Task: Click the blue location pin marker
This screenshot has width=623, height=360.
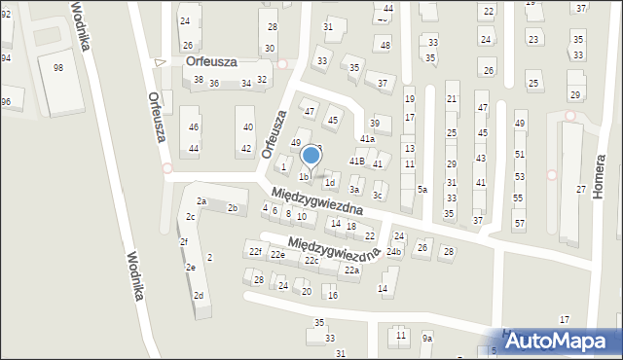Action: click(x=311, y=156)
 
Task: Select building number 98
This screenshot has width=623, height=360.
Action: click(x=58, y=67)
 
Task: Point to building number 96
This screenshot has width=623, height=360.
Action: click(x=5, y=102)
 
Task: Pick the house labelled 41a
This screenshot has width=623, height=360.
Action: click(x=367, y=139)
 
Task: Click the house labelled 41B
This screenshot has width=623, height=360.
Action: click(x=356, y=161)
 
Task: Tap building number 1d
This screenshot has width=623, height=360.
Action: click(x=330, y=182)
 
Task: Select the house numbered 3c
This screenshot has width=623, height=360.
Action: click(x=378, y=196)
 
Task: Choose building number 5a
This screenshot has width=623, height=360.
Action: click(x=422, y=190)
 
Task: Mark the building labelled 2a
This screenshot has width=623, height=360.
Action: click(x=202, y=201)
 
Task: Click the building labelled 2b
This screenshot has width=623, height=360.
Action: click(x=233, y=208)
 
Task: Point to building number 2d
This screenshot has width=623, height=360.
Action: click(x=199, y=295)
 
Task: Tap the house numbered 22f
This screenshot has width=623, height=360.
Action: click(x=255, y=252)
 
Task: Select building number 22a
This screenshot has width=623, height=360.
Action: click(x=351, y=270)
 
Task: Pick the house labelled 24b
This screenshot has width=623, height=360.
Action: click(x=393, y=252)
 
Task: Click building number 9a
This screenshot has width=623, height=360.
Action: click(x=426, y=338)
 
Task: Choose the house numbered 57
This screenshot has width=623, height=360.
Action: click(x=518, y=224)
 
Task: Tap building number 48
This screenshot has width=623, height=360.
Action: click(x=385, y=46)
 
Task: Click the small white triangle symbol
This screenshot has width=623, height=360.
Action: click(x=161, y=63)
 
